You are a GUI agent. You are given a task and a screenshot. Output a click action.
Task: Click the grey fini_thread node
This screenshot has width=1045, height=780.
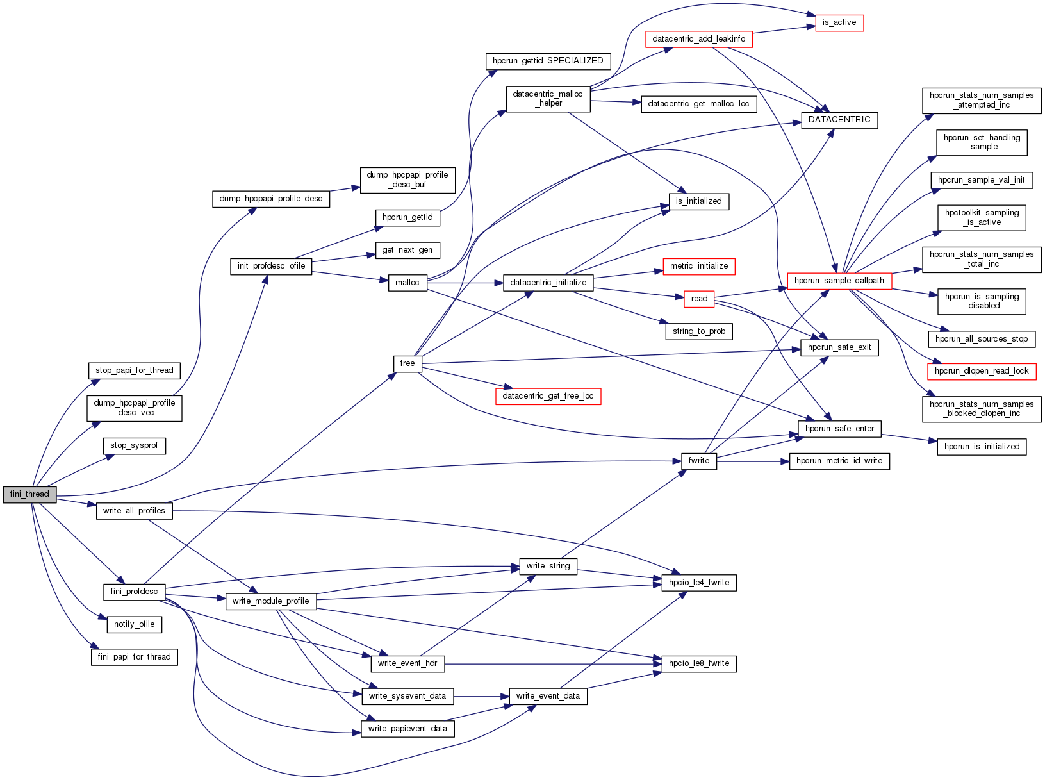pos(29,494)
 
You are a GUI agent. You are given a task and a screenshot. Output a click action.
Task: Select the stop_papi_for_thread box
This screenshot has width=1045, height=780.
pos(134,370)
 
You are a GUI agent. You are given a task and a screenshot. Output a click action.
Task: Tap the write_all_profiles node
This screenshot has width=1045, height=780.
pos(134,511)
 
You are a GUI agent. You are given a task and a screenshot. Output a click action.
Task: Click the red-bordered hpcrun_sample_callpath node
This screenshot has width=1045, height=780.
pos(839,281)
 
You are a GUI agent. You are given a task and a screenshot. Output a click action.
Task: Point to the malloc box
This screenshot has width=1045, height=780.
pos(407,283)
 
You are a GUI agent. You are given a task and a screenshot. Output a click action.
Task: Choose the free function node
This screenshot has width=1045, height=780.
pos(407,363)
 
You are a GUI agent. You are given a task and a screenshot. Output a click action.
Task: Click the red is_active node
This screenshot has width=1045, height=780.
pos(839,22)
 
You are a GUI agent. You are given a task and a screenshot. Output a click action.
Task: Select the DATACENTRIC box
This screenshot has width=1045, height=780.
pos(839,120)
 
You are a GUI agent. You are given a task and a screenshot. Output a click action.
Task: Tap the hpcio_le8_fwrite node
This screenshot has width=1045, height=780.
pos(698,663)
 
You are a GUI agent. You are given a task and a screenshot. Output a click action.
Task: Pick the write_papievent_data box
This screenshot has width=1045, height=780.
pos(407,729)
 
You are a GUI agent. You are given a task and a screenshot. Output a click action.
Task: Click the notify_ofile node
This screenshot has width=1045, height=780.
pos(134,624)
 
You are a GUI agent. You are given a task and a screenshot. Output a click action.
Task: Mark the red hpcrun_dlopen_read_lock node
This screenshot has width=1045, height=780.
pos(981,371)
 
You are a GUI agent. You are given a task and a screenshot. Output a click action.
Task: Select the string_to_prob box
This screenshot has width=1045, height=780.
pos(698,331)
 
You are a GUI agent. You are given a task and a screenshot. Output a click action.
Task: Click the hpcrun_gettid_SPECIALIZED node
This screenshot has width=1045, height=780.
pos(548,61)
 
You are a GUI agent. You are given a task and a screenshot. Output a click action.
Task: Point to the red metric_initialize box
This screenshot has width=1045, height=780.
pos(698,266)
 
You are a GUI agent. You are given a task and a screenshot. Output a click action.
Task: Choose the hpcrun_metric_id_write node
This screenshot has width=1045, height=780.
pos(839,461)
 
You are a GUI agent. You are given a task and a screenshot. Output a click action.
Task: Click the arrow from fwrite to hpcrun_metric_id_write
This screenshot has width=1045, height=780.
pos(753,461)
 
